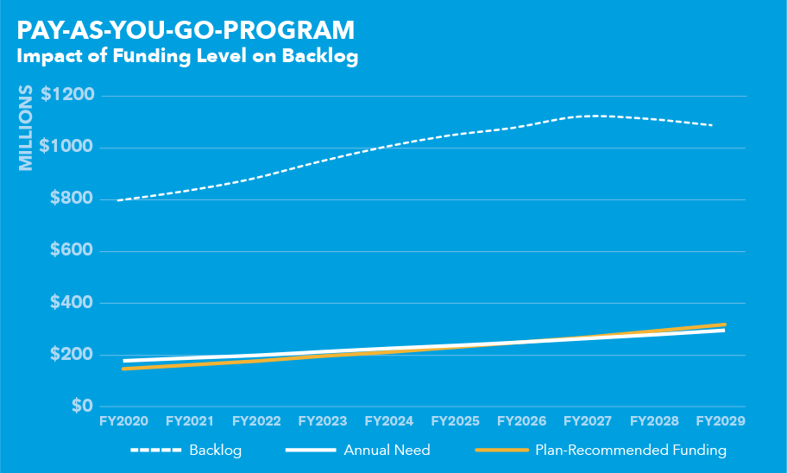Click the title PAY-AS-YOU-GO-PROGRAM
pyautogui.click(x=186, y=30)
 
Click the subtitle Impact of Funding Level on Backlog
pyautogui.click(x=187, y=57)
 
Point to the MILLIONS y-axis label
pyautogui.click(x=26, y=128)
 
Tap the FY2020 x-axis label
pyautogui.click(x=123, y=421)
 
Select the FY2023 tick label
pyautogui.click(x=322, y=421)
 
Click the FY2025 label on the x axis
pyautogui.click(x=455, y=421)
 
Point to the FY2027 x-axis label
pyautogui.click(x=588, y=421)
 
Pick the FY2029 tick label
pyautogui.click(x=720, y=421)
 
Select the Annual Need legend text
pyautogui.click(x=387, y=450)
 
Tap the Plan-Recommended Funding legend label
pyautogui.click(x=631, y=450)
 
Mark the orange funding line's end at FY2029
pyautogui.click(x=724, y=325)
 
